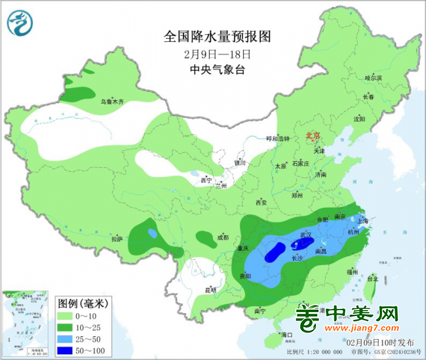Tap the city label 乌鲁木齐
pyautogui.click(x=111, y=102)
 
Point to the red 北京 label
pyautogui.click(x=313, y=136)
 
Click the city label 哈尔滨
pyautogui.click(x=372, y=77)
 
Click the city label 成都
pyautogui.click(x=222, y=237)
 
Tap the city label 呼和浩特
pyautogui.click(x=277, y=138)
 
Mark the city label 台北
pyautogui.click(x=371, y=278)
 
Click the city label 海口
pyautogui.click(x=286, y=335)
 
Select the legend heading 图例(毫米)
pyautogui.click(x=83, y=303)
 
